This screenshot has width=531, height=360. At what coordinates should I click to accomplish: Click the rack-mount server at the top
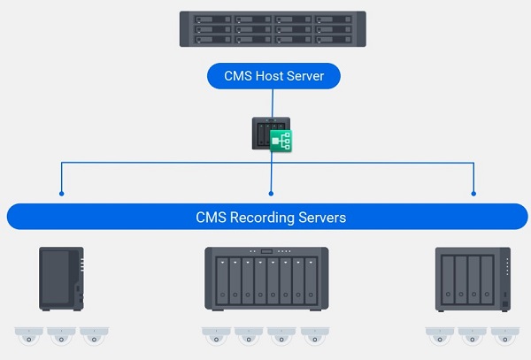pos(273,29)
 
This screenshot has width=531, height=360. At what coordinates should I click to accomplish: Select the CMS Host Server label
pos(273,76)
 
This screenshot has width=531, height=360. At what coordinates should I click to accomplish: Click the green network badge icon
pos(281,140)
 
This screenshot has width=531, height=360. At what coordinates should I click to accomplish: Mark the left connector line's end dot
pos(61,193)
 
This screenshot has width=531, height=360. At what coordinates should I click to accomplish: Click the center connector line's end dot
pos(271,193)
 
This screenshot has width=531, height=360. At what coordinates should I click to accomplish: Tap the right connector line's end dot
pos(473,193)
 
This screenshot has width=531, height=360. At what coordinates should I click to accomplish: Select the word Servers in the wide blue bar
pos(323,217)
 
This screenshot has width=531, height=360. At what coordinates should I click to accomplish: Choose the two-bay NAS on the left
pos(62,278)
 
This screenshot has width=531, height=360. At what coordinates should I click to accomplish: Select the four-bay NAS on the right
pos(473,279)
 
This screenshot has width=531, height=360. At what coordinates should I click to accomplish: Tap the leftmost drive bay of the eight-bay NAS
pos(219,282)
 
